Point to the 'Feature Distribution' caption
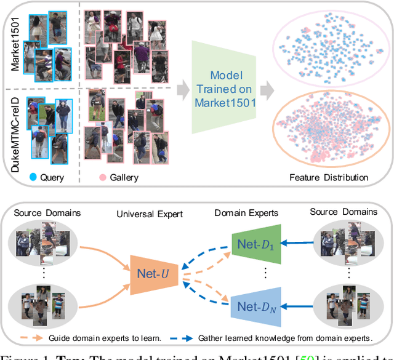tap(329, 178)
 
